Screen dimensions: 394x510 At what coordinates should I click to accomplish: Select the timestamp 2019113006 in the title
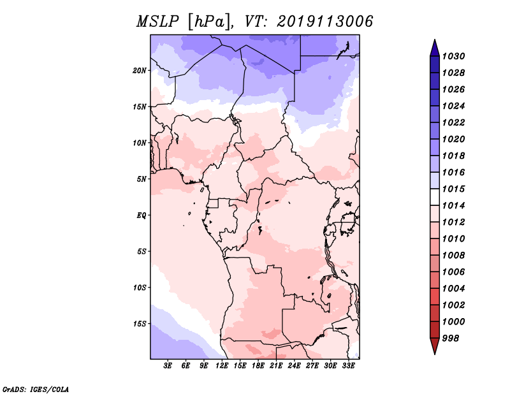[x=324, y=22]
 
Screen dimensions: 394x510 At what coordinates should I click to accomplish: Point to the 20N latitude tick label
[x=140, y=70]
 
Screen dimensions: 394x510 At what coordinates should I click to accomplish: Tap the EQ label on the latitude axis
[x=142, y=215]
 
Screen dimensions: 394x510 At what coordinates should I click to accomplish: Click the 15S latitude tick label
[x=140, y=323]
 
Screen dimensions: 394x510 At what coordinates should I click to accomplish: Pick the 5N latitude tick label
[x=142, y=179]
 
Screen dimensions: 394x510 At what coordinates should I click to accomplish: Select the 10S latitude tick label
[x=140, y=287]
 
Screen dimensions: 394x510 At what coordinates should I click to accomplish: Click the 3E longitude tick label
[x=168, y=366]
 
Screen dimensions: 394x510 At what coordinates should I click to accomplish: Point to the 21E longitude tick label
[x=277, y=366]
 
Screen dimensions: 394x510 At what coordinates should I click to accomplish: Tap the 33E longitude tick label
[x=349, y=366]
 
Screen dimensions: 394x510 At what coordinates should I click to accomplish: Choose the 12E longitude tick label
[x=222, y=366]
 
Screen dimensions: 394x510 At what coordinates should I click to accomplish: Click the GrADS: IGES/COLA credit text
[x=35, y=388]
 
